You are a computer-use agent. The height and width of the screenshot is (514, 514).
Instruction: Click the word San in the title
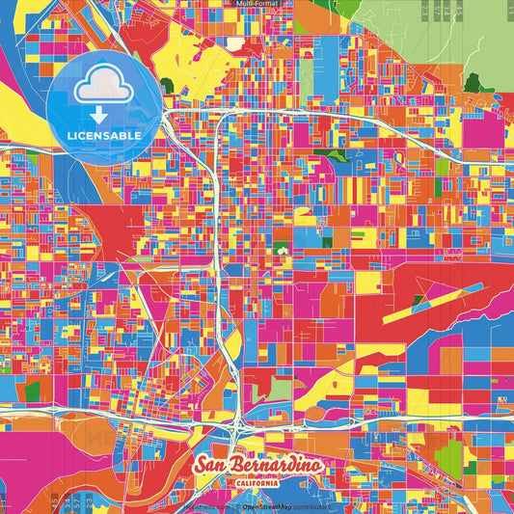(x=211, y=465)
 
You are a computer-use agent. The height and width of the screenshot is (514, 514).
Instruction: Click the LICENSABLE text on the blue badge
(x=106, y=136)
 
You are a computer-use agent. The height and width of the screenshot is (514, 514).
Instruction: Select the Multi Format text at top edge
(x=257, y=4)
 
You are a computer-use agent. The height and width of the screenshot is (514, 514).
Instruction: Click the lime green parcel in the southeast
(x=449, y=454)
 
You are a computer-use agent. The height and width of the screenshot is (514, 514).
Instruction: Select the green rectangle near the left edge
(x=33, y=391)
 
